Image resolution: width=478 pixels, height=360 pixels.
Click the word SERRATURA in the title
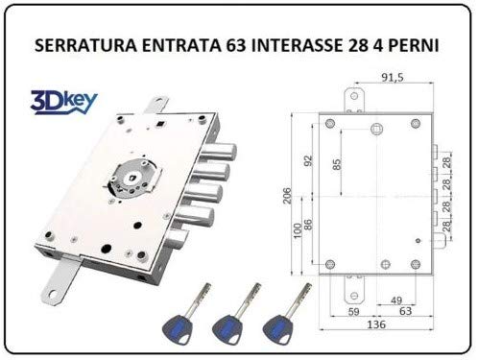click(85, 45)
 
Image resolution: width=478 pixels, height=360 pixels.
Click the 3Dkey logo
click(63, 103)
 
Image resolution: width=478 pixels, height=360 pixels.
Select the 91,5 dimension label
click(393, 78)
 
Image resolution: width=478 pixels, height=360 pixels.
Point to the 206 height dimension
click(287, 196)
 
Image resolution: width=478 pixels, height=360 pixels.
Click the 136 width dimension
click(376, 324)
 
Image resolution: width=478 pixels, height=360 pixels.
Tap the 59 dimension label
click(353, 311)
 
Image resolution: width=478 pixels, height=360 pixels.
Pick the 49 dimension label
click(396, 300)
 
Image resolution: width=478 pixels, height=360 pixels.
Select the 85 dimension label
click(337, 164)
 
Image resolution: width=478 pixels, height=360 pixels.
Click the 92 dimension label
click(308, 161)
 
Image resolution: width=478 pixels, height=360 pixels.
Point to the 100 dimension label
click(298, 230)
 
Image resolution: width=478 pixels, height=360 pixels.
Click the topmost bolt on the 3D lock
click(221, 152)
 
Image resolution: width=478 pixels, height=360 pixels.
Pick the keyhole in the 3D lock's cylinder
click(131, 178)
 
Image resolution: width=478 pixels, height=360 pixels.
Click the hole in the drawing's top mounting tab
click(354, 96)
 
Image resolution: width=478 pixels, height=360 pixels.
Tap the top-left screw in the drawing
click(329, 123)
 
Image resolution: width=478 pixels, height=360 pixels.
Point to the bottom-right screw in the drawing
click(416, 264)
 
